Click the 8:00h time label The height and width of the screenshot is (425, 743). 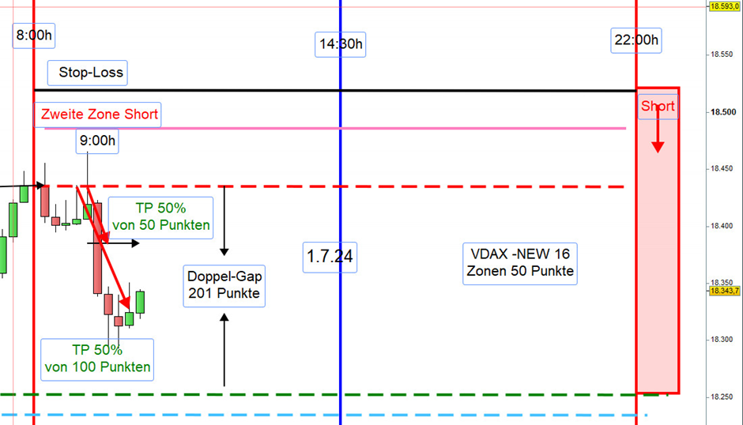34,36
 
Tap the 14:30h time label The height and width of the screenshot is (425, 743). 340,44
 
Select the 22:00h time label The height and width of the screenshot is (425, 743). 636,40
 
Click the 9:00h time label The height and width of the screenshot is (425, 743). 97,141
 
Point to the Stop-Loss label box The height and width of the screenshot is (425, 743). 88,73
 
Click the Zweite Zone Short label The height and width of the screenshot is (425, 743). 97,115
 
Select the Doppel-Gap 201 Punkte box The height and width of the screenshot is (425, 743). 224,286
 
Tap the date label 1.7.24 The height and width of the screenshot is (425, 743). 330,258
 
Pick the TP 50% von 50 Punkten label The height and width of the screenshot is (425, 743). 160,217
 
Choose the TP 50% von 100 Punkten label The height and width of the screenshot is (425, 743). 97,359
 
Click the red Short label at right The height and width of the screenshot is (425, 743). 658,106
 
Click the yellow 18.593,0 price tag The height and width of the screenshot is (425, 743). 725,6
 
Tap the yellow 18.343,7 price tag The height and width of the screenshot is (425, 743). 725,291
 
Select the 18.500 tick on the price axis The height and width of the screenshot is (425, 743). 723,112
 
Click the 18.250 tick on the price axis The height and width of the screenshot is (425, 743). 723,397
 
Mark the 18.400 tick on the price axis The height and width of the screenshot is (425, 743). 723,226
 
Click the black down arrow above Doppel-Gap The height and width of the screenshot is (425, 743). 224,221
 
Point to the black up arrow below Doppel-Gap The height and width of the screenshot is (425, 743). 224,350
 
